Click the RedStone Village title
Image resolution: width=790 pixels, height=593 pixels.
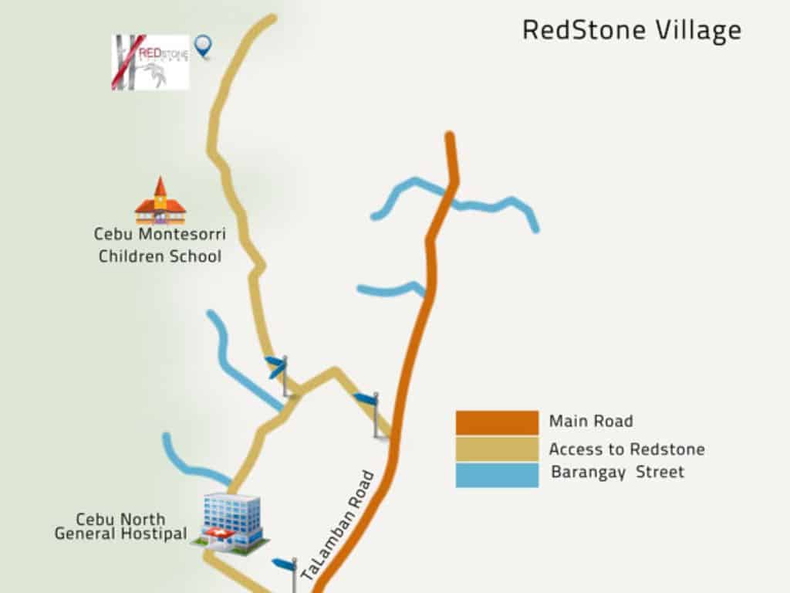click(x=631, y=30)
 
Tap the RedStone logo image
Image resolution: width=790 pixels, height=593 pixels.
click(x=150, y=62)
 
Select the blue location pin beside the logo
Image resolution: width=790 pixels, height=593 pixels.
click(x=203, y=46)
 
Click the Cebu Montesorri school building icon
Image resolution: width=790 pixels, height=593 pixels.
click(x=160, y=202)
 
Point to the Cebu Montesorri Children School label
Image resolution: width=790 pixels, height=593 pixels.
click(x=160, y=245)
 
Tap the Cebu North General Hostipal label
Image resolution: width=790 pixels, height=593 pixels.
click(x=120, y=526)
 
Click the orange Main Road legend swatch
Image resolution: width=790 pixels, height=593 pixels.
click(x=497, y=422)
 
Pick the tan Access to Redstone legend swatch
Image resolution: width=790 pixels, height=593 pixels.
click(x=497, y=449)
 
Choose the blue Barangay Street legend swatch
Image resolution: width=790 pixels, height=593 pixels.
click(x=497, y=475)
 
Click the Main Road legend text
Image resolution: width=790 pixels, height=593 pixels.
click(x=591, y=422)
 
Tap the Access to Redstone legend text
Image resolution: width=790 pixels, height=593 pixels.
click(x=626, y=449)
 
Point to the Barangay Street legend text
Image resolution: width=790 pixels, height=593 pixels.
click(x=617, y=473)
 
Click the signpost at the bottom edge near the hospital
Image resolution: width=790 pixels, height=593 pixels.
click(x=288, y=572)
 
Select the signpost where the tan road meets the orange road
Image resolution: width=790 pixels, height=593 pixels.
click(x=371, y=412)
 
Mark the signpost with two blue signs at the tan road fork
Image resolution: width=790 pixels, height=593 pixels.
click(x=280, y=374)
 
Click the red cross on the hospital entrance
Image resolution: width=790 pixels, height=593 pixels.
click(x=224, y=535)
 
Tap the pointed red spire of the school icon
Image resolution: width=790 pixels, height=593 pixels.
click(x=160, y=185)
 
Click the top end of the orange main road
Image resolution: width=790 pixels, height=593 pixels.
click(x=449, y=137)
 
